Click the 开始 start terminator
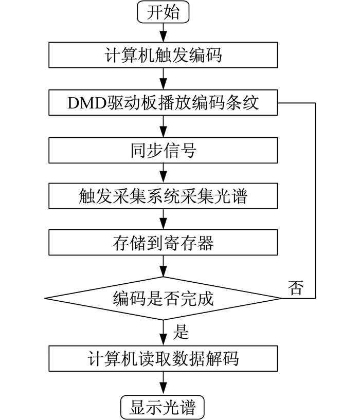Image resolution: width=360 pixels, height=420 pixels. (x=163, y=12)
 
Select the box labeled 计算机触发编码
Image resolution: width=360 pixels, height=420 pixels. (x=163, y=55)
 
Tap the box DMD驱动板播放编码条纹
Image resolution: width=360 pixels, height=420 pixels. (x=163, y=103)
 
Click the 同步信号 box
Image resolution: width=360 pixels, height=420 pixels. (x=163, y=150)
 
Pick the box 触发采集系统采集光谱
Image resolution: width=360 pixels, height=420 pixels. (x=163, y=196)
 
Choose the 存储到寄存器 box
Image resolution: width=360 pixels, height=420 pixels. (x=163, y=243)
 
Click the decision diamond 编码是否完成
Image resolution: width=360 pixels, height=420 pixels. (x=163, y=298)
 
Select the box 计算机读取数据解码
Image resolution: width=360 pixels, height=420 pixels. (x=163, y=358)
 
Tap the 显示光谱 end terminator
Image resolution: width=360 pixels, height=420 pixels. (x=163, y=407)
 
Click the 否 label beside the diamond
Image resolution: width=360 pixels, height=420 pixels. (x=296, y=287)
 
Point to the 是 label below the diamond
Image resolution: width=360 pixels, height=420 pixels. (x=181, y=332)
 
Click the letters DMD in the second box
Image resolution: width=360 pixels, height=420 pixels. (x=87, y=103)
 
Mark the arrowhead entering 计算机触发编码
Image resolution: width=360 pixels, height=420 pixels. (x=163, y=36)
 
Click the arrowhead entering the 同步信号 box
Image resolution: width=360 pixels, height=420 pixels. (x=163, y=132)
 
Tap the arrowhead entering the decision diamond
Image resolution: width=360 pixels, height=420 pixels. (x=163, y=271)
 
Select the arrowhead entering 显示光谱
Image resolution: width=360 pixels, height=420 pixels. (x=163, y=390)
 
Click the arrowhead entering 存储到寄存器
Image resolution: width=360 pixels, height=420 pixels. (x=163, y=224)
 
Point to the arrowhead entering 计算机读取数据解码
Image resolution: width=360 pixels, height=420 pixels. (x=163, y=340)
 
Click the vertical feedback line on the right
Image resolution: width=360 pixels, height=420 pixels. (x=315, y=200)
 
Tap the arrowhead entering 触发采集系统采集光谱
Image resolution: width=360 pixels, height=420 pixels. (x=163, y=178)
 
